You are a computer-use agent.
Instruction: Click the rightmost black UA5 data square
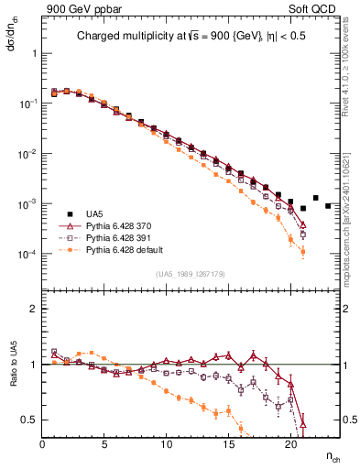(328, 205)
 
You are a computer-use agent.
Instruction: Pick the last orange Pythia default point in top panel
(302, 251)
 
